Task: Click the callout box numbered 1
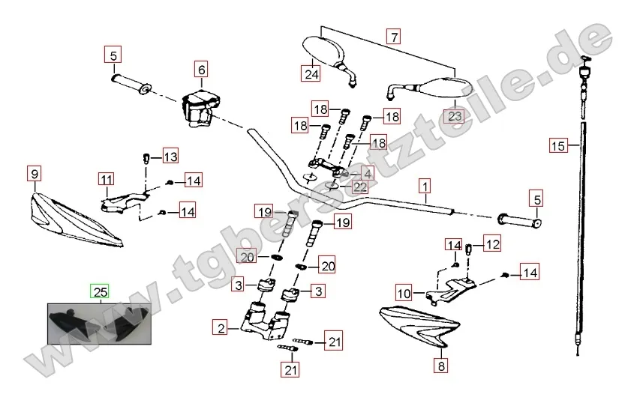[425, 184]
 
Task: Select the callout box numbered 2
[220, 327]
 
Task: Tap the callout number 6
[201, 70]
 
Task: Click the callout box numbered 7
[394, 35]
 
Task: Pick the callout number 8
[440, 366]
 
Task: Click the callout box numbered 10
[404, 292]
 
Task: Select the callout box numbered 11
[106, 179]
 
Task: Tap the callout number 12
[491, 243]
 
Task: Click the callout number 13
[170, 157]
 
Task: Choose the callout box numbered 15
[557, 146]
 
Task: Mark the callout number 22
[361, 187]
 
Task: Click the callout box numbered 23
[455, 115]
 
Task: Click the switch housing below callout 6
[199, 105]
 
